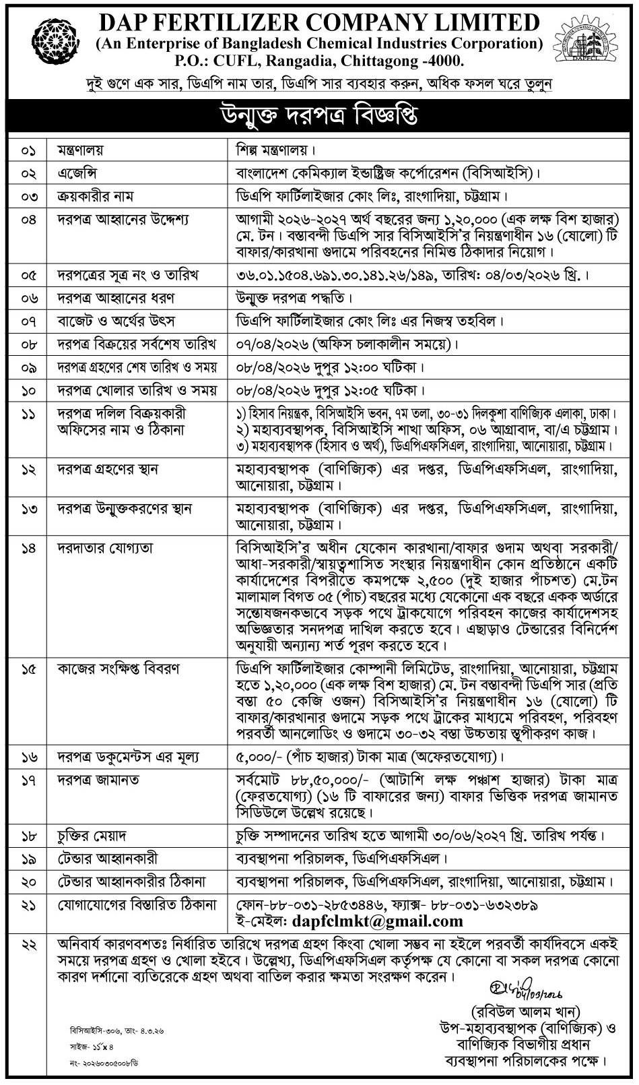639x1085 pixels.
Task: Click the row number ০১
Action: point(29,150)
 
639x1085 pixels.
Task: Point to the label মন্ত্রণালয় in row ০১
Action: point(79,150)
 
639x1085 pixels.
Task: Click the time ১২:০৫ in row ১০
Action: point(359,390)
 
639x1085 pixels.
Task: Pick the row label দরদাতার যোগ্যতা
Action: point(103,549)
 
